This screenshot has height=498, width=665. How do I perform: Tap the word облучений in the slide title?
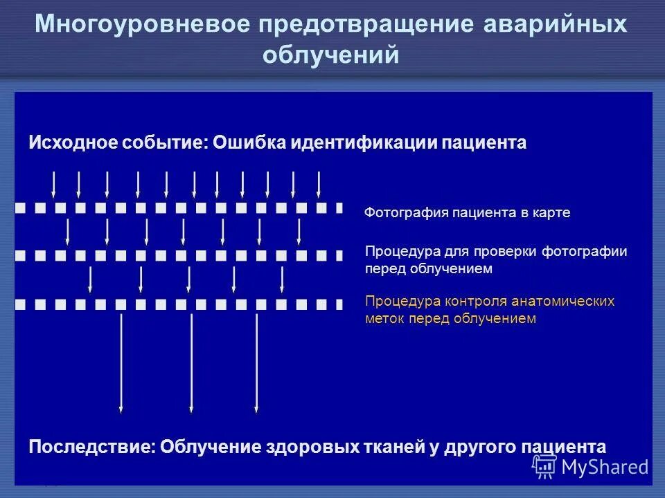pos(331,55)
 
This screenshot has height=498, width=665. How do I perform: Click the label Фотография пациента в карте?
pos(468,213)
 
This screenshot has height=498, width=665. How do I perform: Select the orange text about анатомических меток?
pos(490,311)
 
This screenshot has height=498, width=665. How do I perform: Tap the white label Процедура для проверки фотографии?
pos(496,260)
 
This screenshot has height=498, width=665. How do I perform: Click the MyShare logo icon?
pos(544,467)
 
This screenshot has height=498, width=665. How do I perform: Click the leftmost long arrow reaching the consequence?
pos(121,363)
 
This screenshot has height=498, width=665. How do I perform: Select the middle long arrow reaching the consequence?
pos(191,363)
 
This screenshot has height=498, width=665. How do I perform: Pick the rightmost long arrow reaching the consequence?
pos(256,363)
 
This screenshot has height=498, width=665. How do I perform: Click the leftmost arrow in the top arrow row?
pos(54,184)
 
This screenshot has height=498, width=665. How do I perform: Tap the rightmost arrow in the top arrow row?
pos(319,184)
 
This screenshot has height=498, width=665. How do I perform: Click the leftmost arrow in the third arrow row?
pos(90,280)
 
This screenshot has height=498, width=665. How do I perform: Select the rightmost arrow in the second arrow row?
pos(299,232)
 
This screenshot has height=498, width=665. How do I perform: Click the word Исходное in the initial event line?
pos(73,142)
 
